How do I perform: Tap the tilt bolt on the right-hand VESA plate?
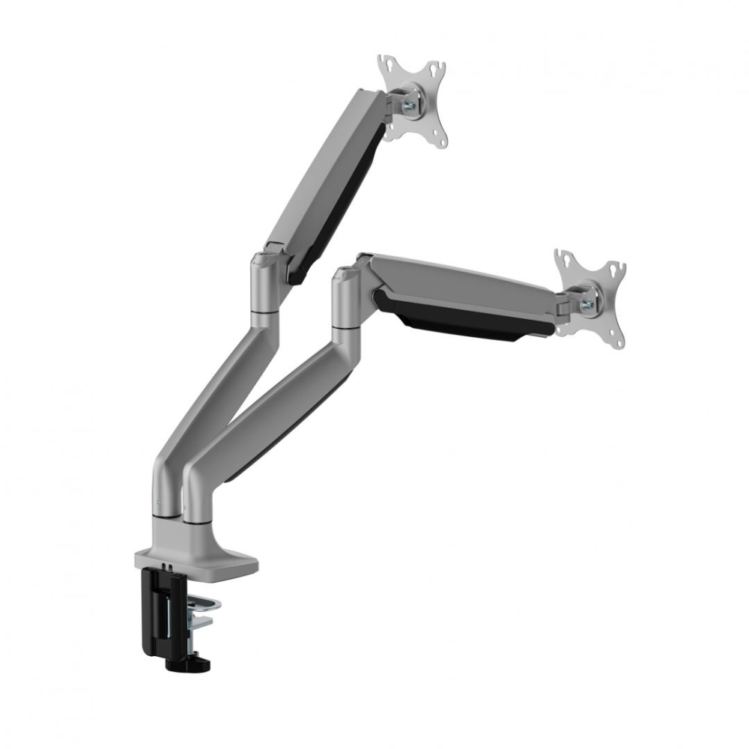(586, 304)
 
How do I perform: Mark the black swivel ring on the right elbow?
(346, 327)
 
